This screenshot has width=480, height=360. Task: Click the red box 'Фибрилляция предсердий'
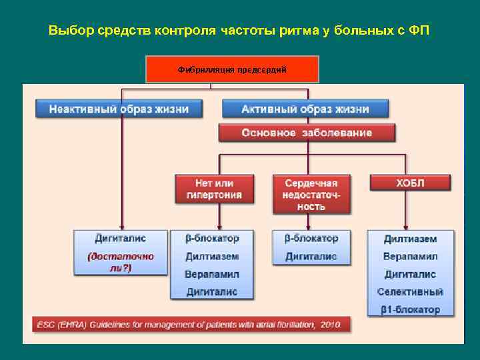point(232,69)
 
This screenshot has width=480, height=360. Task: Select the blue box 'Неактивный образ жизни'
point(119,108)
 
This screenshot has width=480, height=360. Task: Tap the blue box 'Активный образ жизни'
point(305,108)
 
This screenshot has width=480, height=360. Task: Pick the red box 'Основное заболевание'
point(307,133)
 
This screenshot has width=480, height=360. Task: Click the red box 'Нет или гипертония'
point(214,189)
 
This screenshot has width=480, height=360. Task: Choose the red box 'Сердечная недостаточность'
point(311,194)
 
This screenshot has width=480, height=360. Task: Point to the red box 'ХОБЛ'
point(410,183)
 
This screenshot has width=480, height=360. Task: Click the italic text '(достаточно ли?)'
point(121,261)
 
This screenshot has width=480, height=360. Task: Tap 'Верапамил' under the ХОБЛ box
point(410,256)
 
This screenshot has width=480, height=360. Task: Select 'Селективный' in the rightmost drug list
point(410,291)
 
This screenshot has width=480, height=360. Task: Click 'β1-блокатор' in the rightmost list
point(410,309)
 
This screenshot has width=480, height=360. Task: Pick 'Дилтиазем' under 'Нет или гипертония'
point(212,256)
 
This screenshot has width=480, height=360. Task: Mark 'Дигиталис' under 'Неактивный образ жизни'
point(121,238)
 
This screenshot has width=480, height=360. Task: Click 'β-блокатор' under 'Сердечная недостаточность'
point(311,238)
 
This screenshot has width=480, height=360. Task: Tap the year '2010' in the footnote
point(330,325)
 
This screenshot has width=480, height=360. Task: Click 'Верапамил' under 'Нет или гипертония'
point(212,274)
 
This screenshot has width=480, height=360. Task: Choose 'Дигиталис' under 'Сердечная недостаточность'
point(311,256)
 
